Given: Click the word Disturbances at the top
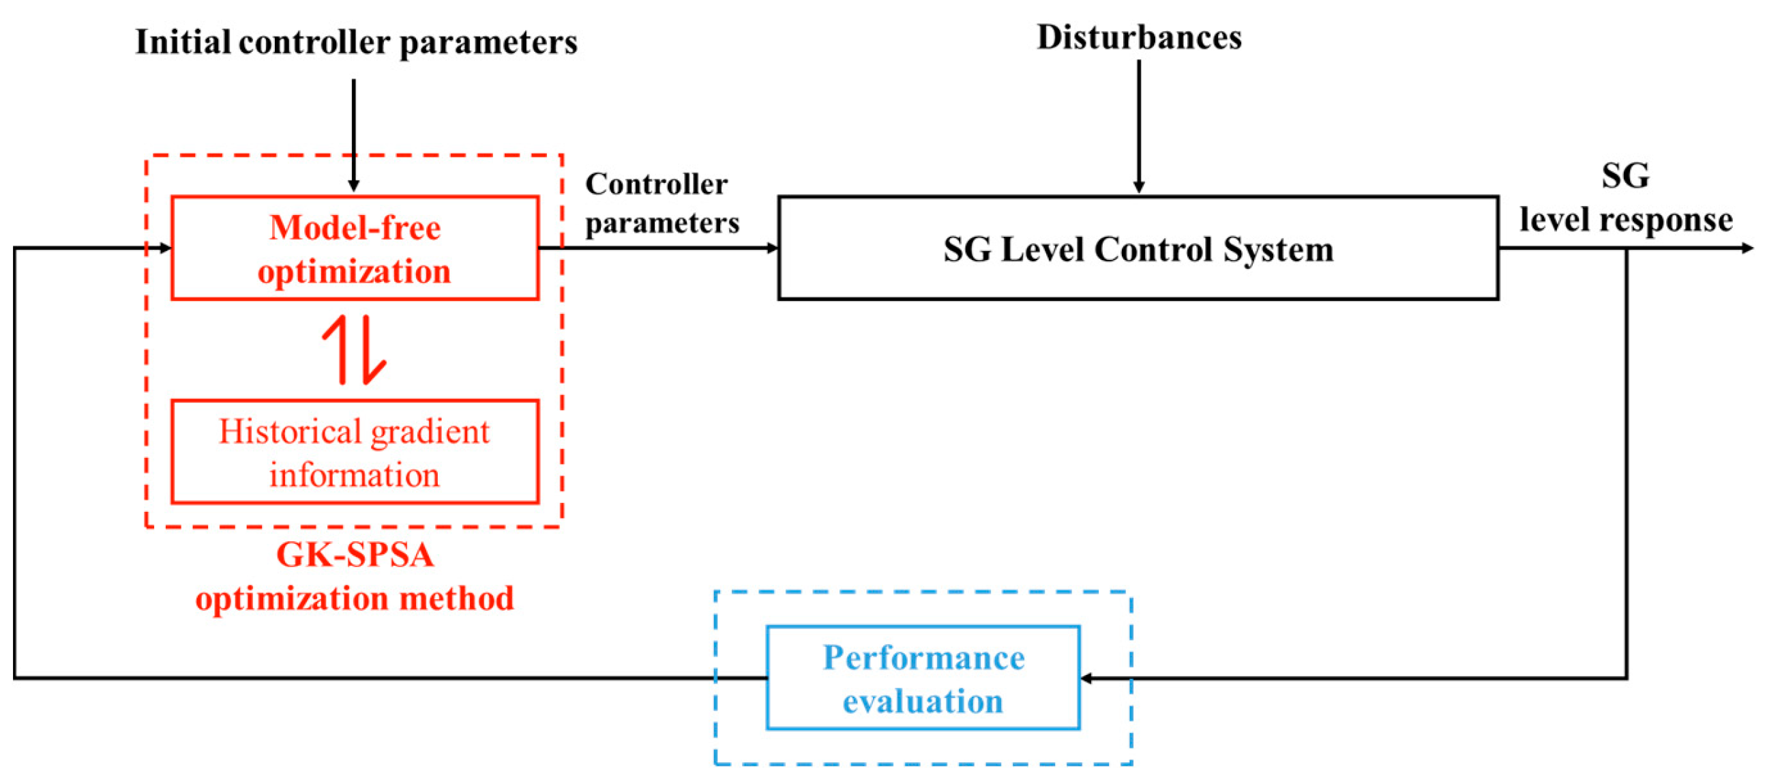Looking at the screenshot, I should [1138, 37].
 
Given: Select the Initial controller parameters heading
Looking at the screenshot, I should [356, 42].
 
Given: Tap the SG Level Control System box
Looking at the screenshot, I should [1138, 248].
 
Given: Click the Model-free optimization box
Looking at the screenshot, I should [354, 248].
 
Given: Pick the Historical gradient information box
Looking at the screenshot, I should [354, 452].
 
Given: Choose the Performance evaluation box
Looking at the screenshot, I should [923, 678].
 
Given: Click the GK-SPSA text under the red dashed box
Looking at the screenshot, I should [354, 555].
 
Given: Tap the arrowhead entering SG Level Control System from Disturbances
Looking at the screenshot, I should [1139, 187].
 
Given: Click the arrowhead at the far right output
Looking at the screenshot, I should [1747, 248].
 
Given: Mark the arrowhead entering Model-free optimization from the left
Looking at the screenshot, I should [165, 248].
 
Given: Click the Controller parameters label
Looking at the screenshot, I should [661, 203].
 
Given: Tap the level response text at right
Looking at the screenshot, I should [1625, 220].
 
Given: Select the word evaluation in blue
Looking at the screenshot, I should [923, 701].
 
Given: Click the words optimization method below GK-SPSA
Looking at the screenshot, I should [354, 598].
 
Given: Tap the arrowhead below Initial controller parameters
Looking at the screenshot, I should [353, 186].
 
